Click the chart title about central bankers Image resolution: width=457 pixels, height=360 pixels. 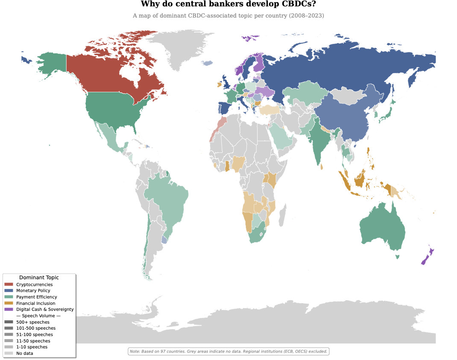[228, 4]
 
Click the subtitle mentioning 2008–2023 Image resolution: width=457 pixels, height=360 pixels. [228, 16]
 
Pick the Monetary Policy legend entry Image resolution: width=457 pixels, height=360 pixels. [33, 291]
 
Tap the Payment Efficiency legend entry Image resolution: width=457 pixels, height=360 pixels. [36, 297]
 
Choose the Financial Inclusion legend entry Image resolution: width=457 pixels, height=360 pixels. [35, 303]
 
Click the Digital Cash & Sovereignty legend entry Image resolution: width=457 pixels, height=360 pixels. [45, 309]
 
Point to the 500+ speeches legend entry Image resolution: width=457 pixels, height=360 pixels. [32, 322]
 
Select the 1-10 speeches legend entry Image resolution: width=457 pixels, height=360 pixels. [32, 347]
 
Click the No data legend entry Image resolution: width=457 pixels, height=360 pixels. [24, 353]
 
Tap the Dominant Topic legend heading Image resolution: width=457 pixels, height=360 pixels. [39, 278]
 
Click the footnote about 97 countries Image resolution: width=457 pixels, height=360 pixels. [228, 351]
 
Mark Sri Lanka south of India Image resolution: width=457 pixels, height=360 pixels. [321, 167]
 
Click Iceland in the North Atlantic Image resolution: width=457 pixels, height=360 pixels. [207, 63]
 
